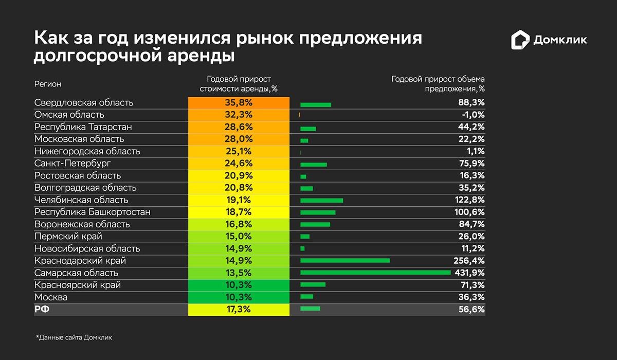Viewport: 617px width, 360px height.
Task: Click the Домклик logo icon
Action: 520,40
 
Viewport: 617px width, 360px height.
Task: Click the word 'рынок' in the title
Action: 263,39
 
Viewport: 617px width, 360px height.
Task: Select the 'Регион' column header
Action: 47,84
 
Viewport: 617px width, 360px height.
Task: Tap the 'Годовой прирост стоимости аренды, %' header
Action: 239,84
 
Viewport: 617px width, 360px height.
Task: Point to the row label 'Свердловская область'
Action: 84,102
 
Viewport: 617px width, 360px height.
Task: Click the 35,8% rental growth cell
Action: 239,102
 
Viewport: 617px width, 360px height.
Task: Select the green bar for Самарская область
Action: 375,273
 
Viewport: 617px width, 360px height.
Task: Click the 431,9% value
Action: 469,273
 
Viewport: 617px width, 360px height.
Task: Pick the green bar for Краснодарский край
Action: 345,261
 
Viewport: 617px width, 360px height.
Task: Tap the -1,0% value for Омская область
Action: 472,115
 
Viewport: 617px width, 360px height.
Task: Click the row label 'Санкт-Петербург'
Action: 72,164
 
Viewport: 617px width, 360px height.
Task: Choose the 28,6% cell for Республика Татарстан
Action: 239,127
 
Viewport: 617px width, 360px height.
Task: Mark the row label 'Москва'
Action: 51,297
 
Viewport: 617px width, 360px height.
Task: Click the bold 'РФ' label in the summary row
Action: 41,310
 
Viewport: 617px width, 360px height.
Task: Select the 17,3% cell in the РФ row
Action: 239,310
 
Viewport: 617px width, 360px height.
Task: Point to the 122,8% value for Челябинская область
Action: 469,200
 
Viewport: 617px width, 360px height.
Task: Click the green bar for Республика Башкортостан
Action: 318,212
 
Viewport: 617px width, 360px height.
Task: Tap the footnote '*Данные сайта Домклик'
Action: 74,338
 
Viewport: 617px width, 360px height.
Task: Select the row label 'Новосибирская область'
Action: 87,248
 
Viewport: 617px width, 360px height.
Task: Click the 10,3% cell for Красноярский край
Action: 239,285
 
